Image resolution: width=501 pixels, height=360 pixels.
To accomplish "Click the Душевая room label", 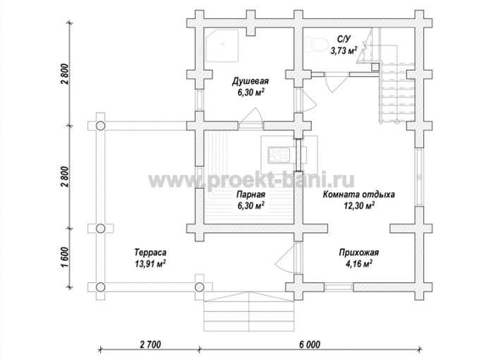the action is tap(250, 81).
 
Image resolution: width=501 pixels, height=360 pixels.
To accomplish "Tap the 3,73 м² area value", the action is tap(344, 50).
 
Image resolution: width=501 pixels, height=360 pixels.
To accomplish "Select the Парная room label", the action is tap(250, 194).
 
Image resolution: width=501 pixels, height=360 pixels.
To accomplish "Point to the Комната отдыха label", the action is tap(359, 194).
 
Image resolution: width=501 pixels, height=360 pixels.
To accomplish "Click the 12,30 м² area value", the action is tap(359, 205).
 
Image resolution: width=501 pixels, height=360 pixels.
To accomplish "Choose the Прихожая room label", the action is tap(359, 253).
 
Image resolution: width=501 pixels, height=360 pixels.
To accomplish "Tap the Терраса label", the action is tap(150, 252).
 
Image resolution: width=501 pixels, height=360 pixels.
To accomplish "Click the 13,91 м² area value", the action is tap(150, 264).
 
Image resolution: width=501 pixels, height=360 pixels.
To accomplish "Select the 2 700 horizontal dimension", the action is tap(150, 344).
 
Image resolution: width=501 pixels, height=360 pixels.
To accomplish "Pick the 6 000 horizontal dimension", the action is tap(310, 344).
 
